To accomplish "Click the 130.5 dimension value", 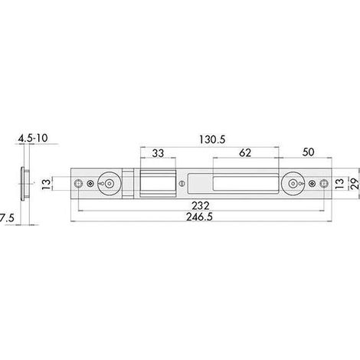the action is tap(212, 139).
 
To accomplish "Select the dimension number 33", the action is tap(158, 153).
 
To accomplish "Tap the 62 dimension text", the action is tap(245, 152).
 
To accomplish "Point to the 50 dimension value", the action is tap(308, 152).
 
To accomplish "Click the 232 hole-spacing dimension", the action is tap(201, 206).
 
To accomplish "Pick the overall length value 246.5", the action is tap(199, 217).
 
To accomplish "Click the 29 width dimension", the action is tap(355, 183).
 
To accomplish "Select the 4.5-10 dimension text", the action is tap(33, 138).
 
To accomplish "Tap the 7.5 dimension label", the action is tap(7, 218).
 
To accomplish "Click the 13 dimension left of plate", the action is tap(47, 184).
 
